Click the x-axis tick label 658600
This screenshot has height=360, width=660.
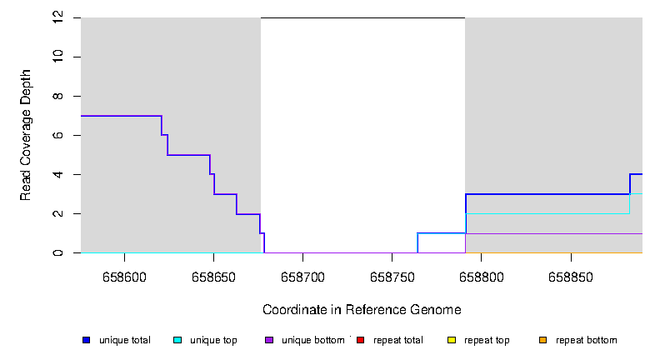click(124, 277)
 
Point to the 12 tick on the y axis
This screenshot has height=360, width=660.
click(57, 17)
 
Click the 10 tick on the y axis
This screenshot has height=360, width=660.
click(57, 57)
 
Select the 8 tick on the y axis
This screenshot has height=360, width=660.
click(57, 96)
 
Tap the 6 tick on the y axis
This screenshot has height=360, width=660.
click(57, 135)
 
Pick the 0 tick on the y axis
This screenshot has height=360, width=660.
click(57, 252)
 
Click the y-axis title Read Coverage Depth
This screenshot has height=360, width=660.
click(26, 135)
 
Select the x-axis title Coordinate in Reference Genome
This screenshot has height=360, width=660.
click(362, 310)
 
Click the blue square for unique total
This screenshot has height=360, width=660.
click(86, 340)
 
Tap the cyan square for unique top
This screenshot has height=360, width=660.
click(177, 340)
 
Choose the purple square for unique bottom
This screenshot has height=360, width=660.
click(268, 340)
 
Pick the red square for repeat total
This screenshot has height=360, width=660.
click(360, 340)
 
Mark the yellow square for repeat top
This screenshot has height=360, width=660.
click(451, 340)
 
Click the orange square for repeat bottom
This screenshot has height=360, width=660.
click(542, 340)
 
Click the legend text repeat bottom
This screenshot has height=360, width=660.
click(587, 340)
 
